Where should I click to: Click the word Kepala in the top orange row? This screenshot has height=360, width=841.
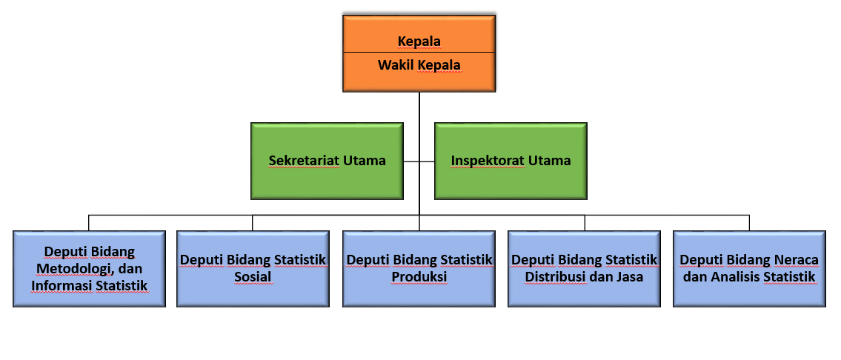click(419, 41)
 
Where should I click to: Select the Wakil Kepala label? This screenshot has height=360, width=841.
click(419, 65)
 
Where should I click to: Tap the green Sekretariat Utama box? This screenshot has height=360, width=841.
click(328, 161)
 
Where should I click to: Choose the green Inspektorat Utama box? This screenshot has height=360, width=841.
click(511, 161)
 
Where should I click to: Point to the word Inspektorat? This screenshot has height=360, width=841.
click(487, 161)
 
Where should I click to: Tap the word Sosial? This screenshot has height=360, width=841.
click(253, 277)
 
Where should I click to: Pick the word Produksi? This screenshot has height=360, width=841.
click(419, 277)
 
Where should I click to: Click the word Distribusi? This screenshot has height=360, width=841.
click(554, 277)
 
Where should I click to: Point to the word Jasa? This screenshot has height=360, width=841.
click(630, 277)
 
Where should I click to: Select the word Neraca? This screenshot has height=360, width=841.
click(797, 260)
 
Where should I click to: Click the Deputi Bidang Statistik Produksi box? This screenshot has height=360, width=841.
click(419, 269)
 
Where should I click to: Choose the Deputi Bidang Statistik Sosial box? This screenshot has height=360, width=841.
click(253, 269)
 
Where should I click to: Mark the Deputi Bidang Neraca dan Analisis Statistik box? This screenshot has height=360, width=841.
click(749, 269)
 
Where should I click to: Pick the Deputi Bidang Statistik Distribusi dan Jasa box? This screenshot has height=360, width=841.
click(584, 269)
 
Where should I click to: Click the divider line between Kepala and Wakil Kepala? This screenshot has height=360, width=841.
click(419, 53)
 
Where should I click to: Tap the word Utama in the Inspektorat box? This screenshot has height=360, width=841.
click(549, 161)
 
